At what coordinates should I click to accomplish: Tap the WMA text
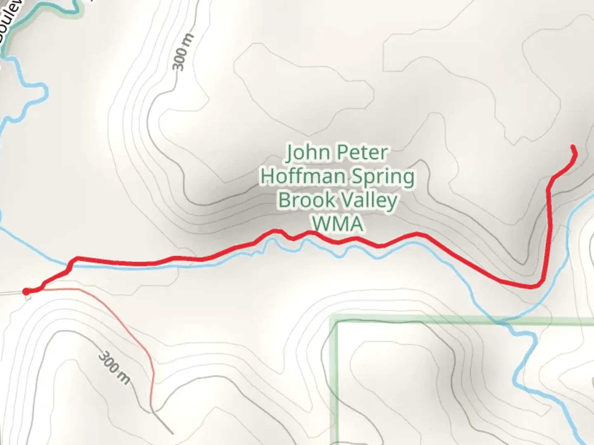(338, 224)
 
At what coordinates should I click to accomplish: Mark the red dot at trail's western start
(26, 292)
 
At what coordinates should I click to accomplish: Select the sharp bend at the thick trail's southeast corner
(538, 284)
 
